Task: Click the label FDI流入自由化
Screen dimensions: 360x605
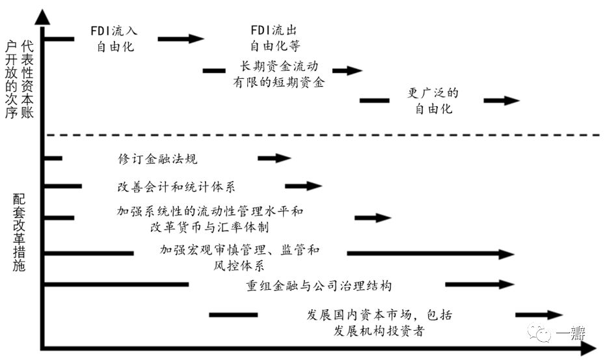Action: [x=114, y=38]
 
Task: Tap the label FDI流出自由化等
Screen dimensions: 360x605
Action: [x=276, y=38]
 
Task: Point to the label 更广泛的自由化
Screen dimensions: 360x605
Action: [x=433, y=101]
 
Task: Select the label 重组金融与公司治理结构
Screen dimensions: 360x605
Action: [x=319, y=285]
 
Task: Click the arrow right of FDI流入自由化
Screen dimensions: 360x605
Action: [x=180, y=39]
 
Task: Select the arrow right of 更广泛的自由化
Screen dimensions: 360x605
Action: [x=502, y=100]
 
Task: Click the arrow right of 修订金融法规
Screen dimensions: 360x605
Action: [x=274, y=158]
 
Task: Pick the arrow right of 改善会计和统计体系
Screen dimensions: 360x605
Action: [x=304, y=186]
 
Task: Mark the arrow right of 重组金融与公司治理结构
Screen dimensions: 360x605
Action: [x=479, y=284]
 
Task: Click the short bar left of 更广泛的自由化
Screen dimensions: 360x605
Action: [x=374, y=100]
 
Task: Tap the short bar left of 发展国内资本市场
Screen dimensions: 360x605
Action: [x=233, y=315]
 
